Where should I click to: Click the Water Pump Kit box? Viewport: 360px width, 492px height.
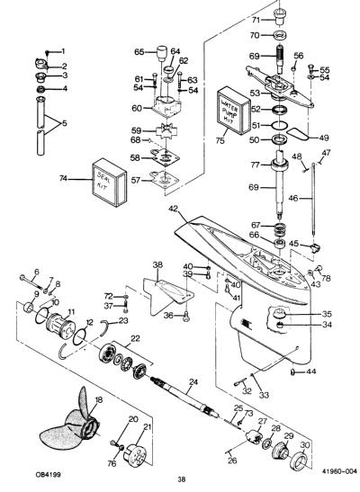[235, 111]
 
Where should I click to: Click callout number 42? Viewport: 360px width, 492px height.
[174, 209]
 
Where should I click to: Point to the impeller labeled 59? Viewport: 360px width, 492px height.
[166, 130]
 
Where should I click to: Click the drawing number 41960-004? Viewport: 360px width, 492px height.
[339, 470]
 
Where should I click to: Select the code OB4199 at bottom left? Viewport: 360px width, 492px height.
[48, 474]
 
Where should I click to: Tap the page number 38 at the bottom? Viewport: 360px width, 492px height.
[182, 479]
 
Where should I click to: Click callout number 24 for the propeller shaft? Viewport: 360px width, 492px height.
[193, 382]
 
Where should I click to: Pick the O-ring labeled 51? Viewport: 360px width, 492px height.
[279, 125]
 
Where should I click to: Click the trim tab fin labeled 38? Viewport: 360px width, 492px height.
[168, 296]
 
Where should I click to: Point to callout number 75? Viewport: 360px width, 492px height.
[220, 140]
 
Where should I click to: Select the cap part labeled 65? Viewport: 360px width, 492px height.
[162, 53]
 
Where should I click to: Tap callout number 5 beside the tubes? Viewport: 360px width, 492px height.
[64, 123]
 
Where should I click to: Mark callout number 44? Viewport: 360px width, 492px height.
[311, 371]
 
